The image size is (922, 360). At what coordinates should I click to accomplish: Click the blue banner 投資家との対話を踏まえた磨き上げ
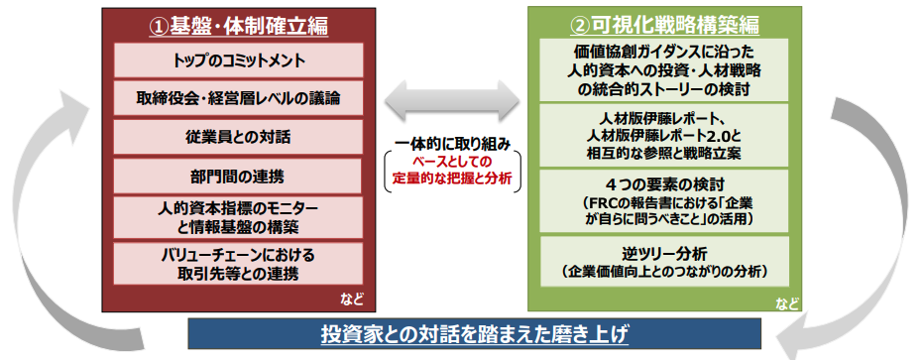click(474, 334)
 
